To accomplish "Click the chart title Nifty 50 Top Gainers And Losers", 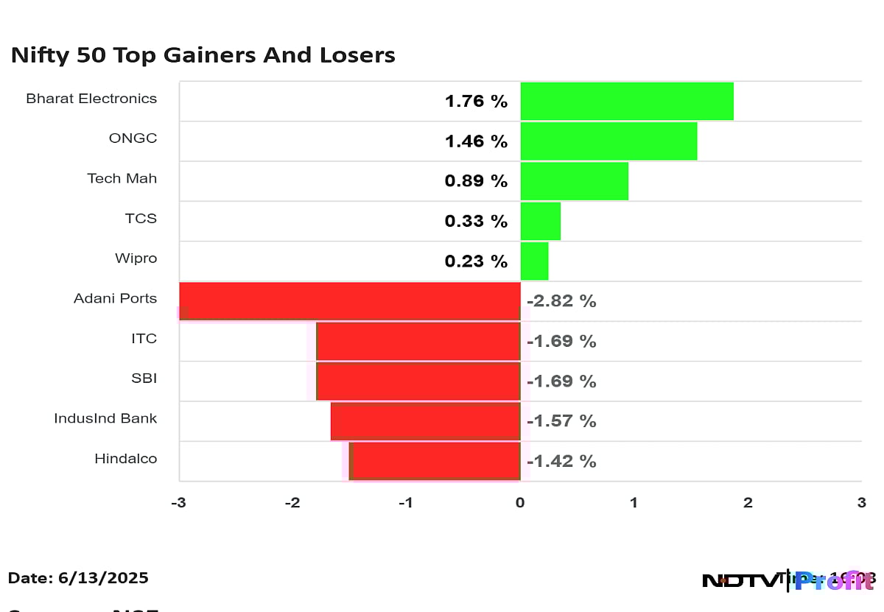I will (203, 55).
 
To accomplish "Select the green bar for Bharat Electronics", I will (626, 101).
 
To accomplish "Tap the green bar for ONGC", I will (608, 141).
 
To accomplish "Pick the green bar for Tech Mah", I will (574, 181).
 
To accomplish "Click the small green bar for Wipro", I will (534, 261).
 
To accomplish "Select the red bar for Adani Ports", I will (350, 300).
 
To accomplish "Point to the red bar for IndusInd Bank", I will (426, 421).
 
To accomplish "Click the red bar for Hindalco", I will (436, 461).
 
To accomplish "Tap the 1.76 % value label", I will (476, 102).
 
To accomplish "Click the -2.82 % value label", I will (561, 301).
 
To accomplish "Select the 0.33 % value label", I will (476, 221).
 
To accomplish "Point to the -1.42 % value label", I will (561, 461).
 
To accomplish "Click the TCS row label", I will (141, 219).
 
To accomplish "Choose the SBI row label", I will (144, 379).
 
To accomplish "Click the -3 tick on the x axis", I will (178, 503).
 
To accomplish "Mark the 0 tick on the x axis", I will (520, 503).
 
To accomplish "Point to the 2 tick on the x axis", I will (748, 503).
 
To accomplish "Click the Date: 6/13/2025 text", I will (79, 578).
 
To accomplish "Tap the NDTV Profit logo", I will (787, 580).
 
